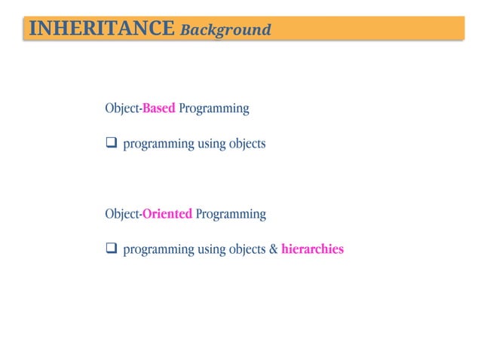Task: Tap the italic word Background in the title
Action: point(225,29)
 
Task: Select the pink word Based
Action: point(159,108)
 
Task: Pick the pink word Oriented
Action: point(167,214)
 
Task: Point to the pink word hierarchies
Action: point(312,249)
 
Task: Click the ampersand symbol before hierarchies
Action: point(273,249)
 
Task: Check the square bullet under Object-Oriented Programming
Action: point(111,249)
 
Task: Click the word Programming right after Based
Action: point(214,108)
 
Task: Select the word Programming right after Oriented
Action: point(231,214)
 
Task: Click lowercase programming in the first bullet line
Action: point(158,144)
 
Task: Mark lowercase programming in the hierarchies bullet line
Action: point(158,249)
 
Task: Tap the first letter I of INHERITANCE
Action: point(31,29)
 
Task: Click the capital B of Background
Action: point(185,29)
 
